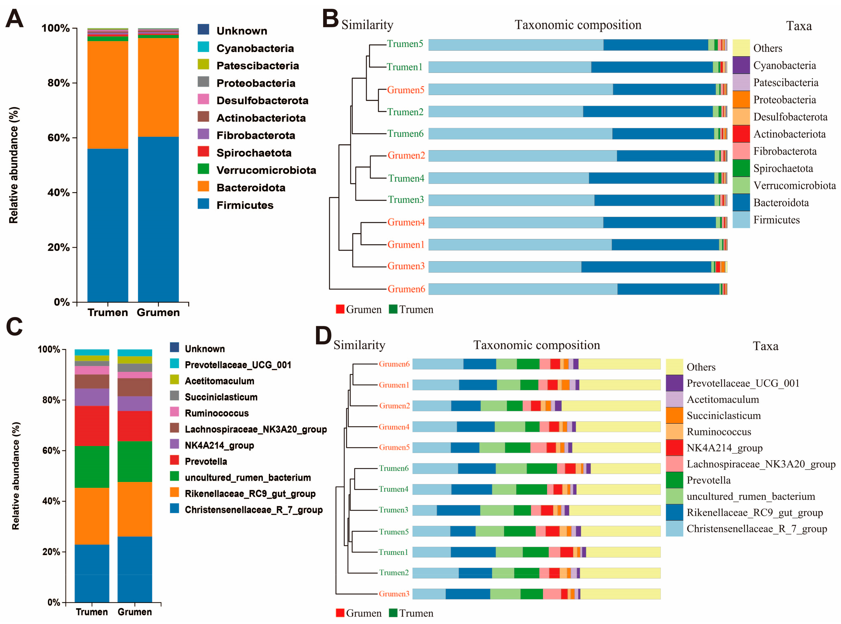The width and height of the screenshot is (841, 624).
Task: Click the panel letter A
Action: [x=14, y=19]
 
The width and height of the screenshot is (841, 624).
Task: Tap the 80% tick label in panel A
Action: [x=59, y=83]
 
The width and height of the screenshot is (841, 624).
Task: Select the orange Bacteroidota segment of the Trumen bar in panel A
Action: [x=108, y=94]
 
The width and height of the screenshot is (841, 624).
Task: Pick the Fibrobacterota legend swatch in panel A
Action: [x=203, y=134]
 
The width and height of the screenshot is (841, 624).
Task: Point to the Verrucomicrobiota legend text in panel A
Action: [x=266, y=170]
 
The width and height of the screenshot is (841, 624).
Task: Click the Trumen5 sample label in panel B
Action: [x=405, y=44]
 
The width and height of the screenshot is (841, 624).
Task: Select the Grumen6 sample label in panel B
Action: [x=406, y=289]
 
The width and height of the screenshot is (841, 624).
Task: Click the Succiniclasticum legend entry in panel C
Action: [x=221, y=397]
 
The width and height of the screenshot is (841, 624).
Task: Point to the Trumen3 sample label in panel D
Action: [x=393, y=510]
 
